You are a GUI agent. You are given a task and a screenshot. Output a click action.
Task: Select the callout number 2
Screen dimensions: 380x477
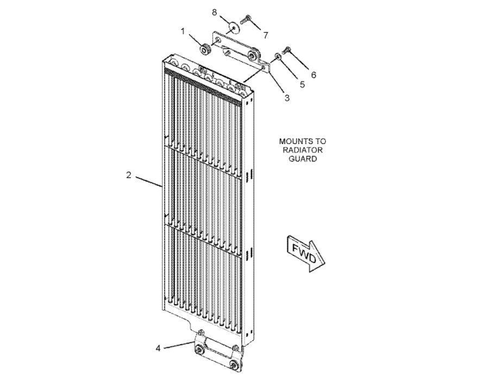129,175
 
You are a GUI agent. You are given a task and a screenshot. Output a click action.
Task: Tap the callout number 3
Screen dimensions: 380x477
286,98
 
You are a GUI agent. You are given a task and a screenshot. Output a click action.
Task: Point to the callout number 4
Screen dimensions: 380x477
158,348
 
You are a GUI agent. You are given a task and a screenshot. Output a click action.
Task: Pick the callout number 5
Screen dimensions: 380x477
303,84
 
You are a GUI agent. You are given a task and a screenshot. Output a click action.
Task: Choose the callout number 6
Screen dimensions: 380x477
313,74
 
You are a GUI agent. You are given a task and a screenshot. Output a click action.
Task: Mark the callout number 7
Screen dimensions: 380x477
265,35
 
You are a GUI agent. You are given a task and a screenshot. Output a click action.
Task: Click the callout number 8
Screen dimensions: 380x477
214,11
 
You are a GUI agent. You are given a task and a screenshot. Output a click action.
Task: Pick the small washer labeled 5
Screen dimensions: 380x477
278,55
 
